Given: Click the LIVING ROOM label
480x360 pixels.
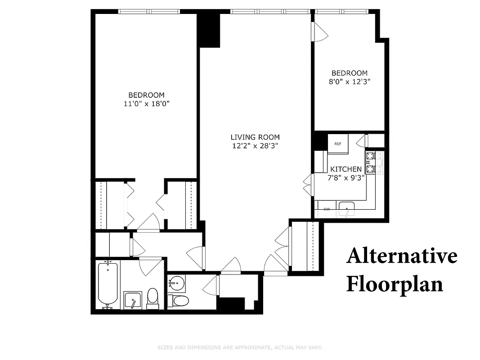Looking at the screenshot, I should [255, 137].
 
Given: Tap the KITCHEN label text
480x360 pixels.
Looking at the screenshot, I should [346, 169].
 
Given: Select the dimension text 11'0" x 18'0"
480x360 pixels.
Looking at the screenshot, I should [146, 104].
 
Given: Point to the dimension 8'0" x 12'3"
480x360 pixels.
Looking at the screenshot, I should [350, 82].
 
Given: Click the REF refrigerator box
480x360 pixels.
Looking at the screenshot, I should [338, 144].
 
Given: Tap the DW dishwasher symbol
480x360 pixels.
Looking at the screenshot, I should [327, 209].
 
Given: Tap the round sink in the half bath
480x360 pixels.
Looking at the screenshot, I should [177, 284].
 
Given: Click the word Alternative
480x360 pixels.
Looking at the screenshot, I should [402, 256].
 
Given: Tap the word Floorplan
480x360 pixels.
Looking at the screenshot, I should [395, 284].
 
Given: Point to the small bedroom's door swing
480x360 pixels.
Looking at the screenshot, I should [320, 31].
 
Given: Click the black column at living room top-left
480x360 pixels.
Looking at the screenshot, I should [209, 29].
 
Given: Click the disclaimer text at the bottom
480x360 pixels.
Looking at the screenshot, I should [240, 347].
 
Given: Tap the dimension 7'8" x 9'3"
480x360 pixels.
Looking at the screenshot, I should [346, 177].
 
